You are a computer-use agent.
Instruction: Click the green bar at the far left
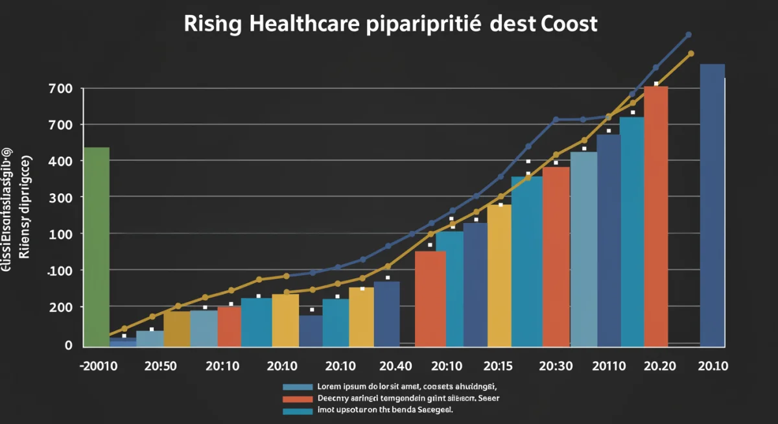coord(97,246)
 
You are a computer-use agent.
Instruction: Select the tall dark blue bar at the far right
coord(712,204)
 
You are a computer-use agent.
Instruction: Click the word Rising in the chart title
coord(213,25)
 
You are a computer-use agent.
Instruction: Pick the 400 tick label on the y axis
coord(60,161)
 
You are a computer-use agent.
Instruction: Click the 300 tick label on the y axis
coord(60,197)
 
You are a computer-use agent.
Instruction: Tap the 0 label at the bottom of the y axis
coord(68,345)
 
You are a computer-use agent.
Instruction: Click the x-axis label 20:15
coord(499,366)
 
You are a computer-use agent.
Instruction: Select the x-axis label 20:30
coord(556,366)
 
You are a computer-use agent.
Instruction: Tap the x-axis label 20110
coord(609,366)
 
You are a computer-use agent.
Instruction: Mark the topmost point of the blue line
coord(689,34)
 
